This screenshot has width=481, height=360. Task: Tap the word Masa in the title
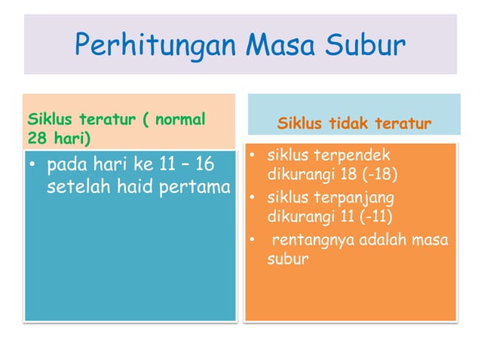[284, 47]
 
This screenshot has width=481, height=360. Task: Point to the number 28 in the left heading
[36, 138]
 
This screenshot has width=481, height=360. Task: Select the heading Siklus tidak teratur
[354, 123]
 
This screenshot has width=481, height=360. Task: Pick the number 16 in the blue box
[205, 164]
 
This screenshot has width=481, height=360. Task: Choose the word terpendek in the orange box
[353, 156]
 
